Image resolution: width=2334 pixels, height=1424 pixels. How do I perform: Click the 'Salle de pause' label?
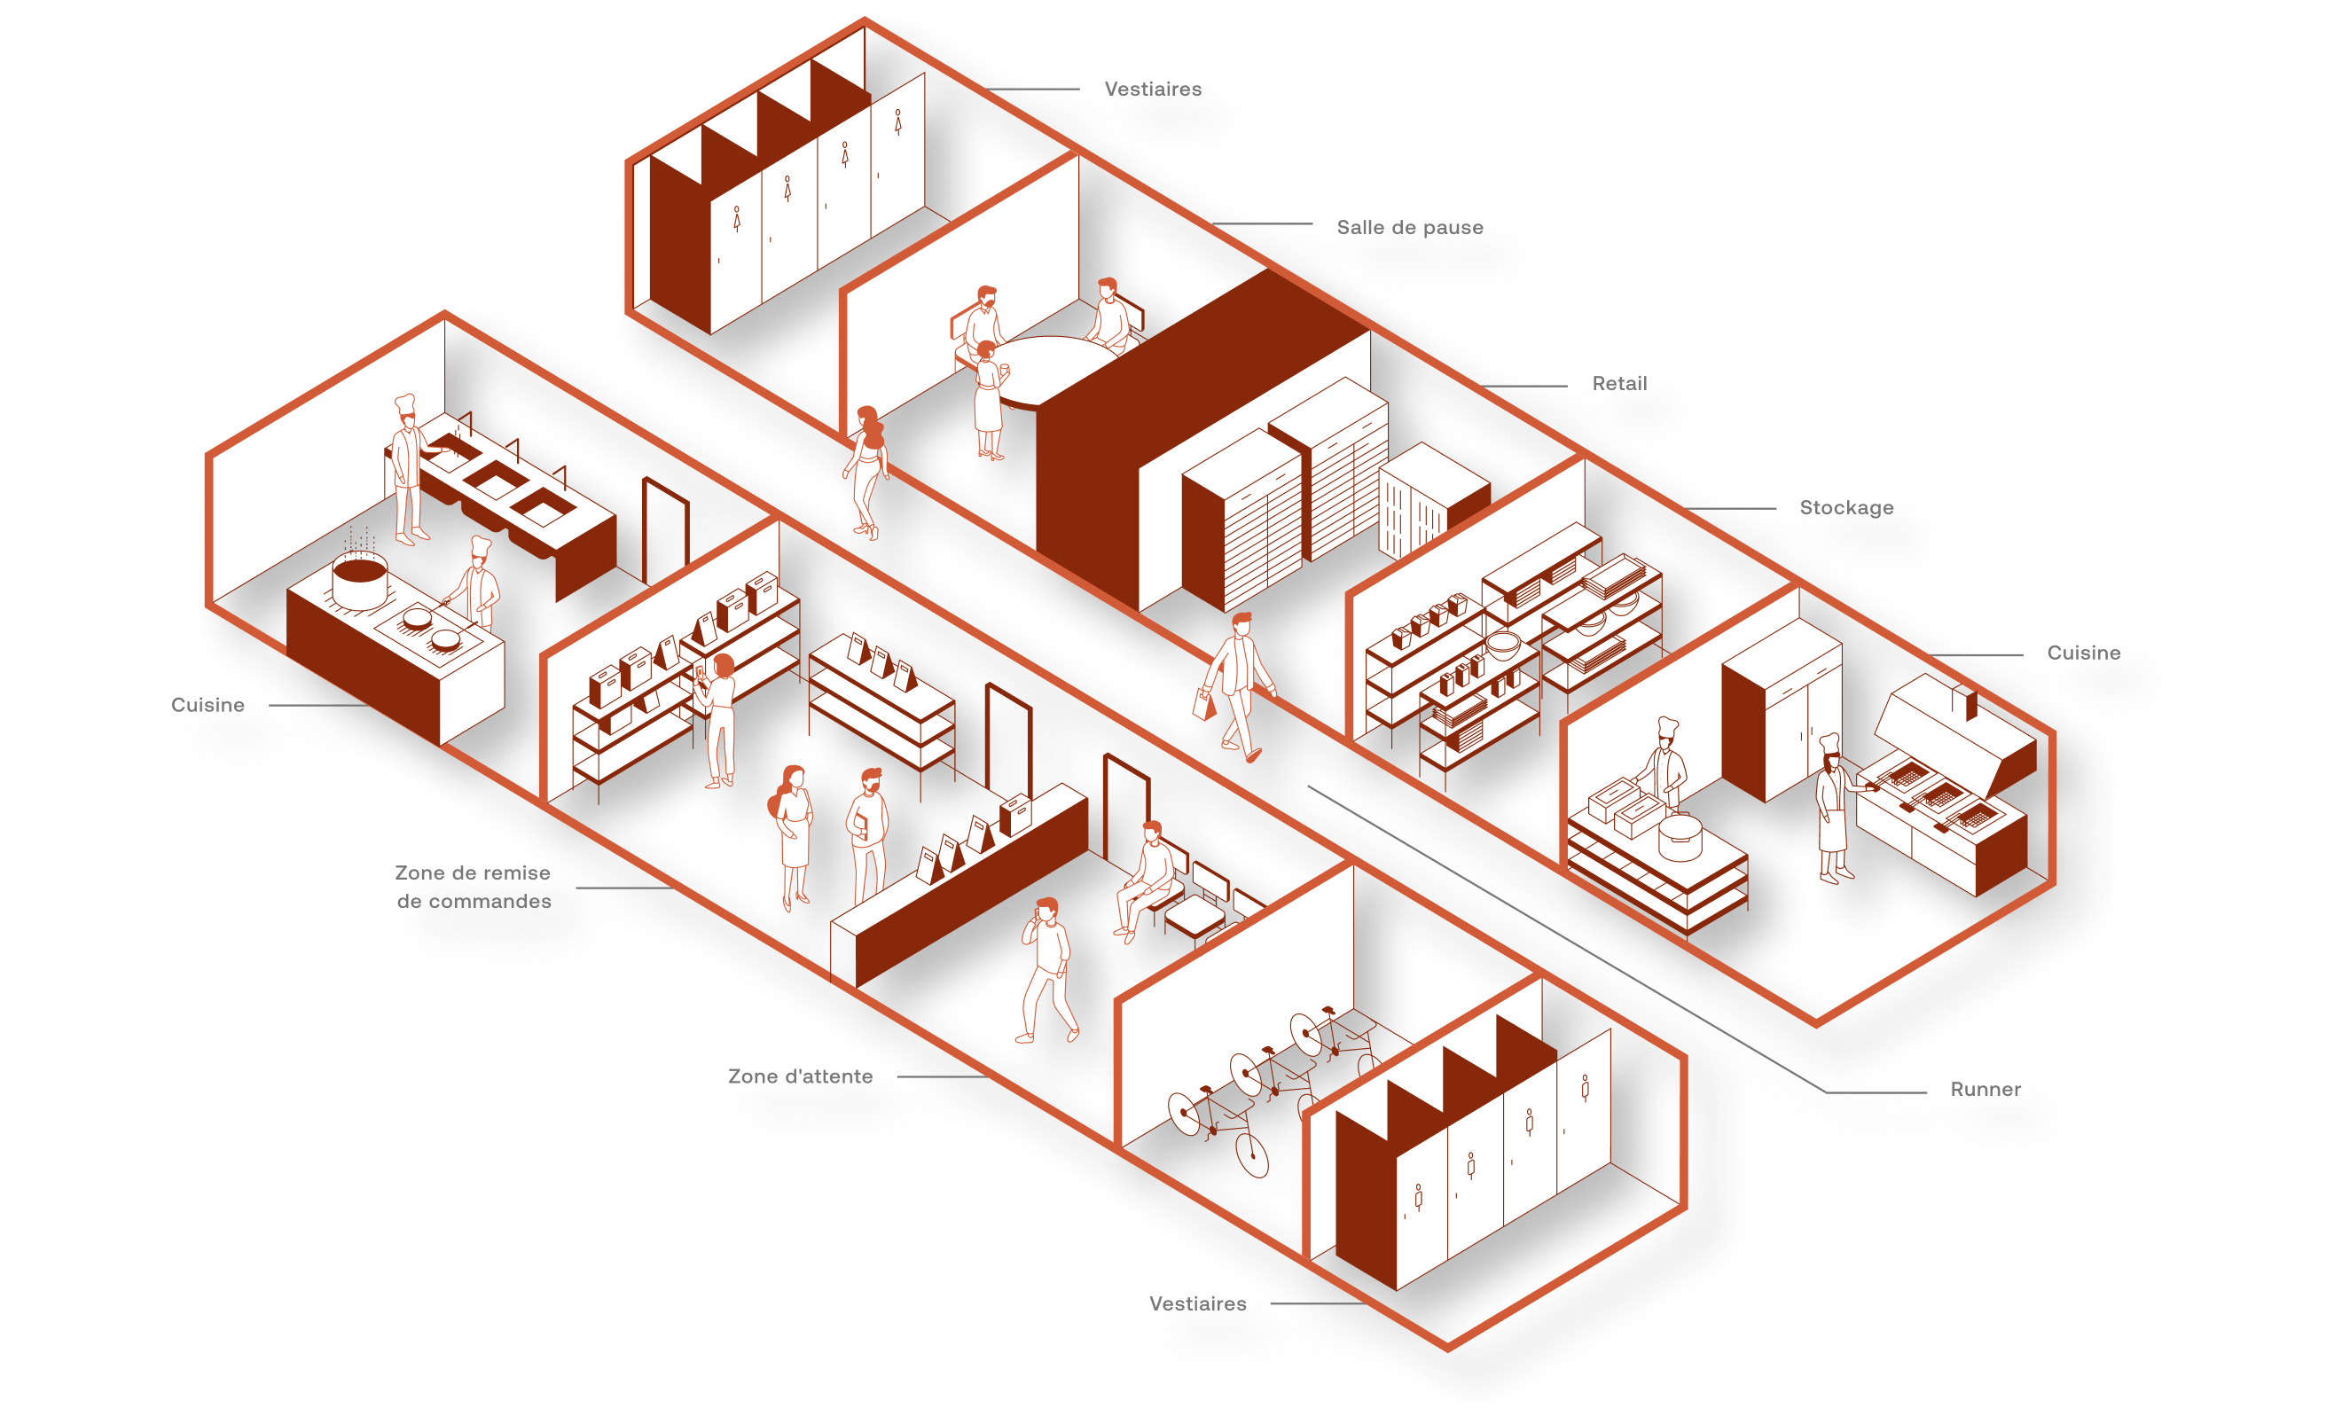tap(1409, 229)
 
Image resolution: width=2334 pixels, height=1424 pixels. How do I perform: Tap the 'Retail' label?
tap(1619, 384)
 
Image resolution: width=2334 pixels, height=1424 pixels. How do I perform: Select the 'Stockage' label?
tap(1846, 508)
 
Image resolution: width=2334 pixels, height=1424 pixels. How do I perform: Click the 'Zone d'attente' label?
tap(801, 1076)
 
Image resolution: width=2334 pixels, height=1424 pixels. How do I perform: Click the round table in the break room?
tap(1052, 370)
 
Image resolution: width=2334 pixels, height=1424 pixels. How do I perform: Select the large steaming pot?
tap(359, 581)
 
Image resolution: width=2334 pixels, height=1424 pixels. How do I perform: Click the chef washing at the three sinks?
tap(407, 469)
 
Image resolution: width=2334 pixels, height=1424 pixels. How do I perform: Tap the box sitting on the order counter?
tap(1015, 813)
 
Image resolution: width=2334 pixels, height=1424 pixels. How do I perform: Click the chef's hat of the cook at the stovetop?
tap(481, 547)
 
